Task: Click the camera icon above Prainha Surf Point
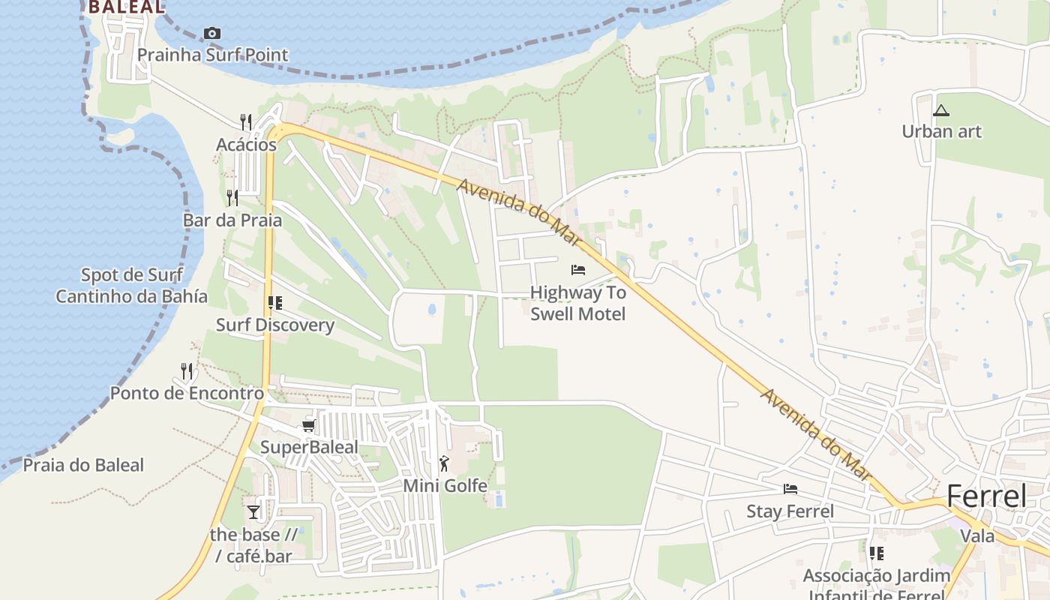(212, 33)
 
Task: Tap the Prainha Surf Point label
(212, 55)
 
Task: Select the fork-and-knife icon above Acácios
(245, 121)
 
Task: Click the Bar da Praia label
(232, 220)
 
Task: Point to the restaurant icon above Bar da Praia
(232, 197)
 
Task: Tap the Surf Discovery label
(275, 325)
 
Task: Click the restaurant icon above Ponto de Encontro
(187, 370)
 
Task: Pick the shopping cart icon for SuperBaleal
(307, 426)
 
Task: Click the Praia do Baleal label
(83, 465)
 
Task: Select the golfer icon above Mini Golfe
(445, 463)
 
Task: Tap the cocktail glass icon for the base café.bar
(253, 511)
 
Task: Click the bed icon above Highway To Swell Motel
(577, 270)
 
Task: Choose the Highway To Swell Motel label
(577, 302)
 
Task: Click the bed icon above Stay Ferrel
(790, 489)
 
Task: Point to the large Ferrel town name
(985, 496)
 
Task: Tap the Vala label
(977, 535)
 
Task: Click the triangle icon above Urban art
(940, 111)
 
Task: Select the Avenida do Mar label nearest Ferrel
(817, 435)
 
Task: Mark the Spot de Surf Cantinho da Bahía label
(132, 285)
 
